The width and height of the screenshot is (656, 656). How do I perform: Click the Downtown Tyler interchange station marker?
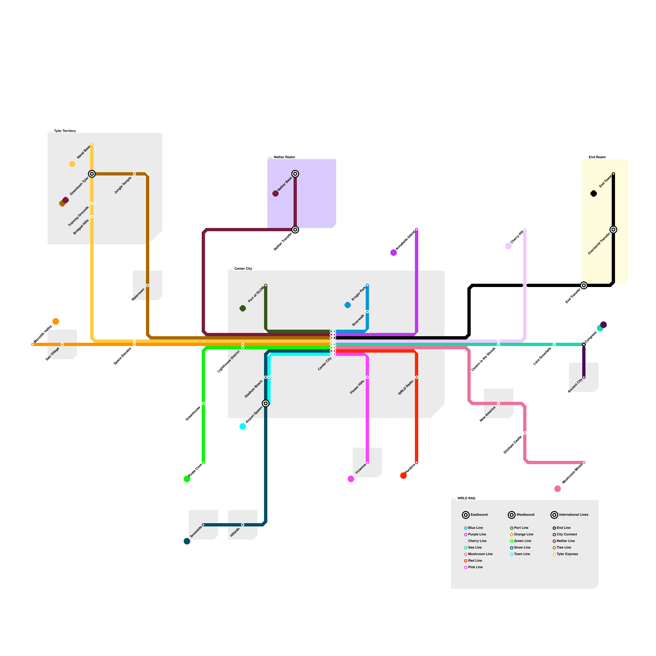click(92, 174)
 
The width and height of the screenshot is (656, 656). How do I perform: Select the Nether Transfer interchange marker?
click(295, 230)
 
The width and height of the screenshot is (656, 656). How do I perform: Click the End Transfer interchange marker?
click(584, 285)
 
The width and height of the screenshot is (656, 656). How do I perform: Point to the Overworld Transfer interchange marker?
click(613, 230)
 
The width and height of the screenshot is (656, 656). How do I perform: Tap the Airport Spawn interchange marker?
click(266, 403)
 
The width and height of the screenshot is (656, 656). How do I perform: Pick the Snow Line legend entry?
click(522, 547)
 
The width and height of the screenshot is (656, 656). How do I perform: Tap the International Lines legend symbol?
click(554, 515)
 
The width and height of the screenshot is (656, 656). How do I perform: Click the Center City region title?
click(243, 269)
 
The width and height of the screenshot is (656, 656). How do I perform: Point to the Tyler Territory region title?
click(65, 131)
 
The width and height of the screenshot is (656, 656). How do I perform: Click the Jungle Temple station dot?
click(134, 174)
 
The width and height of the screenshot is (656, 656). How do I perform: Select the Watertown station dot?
click(148, 285)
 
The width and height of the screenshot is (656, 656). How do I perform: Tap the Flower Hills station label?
click(357, 387)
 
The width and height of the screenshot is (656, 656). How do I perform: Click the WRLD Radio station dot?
click(417, 377)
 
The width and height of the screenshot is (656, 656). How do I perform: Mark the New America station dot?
click(499, 403)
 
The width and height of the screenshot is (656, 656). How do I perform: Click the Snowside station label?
click(196, 532)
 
